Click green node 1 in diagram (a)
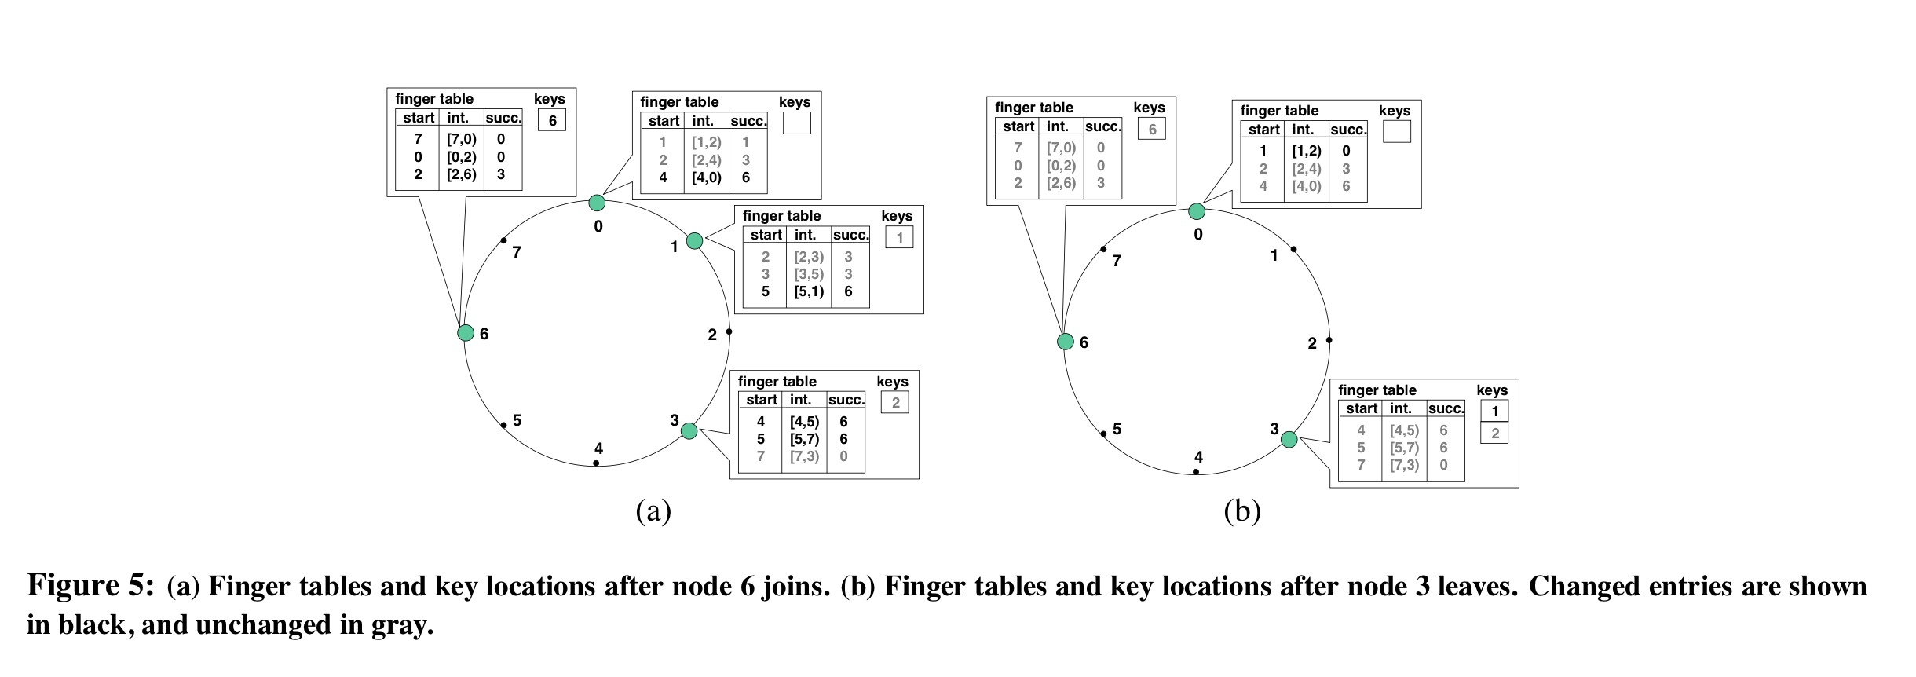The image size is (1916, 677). (694, 240)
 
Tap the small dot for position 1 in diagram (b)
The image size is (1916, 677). (1293, 250)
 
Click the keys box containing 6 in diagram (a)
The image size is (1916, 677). (552, 120)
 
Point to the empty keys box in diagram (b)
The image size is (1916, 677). (1396, 131)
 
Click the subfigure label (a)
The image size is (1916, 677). (653, 511)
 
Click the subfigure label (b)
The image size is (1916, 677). (1242, 511)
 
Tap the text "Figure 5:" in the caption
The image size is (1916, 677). (90, 586)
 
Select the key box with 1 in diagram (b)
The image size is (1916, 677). (1494, 411)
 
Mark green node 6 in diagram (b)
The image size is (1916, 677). (1065, 342)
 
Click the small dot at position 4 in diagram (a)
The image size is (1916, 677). (596, 463)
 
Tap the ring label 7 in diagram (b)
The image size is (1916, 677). (1117, 261)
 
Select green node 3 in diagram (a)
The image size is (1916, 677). (689, 430)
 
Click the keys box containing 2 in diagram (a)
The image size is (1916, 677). (894, 403)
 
